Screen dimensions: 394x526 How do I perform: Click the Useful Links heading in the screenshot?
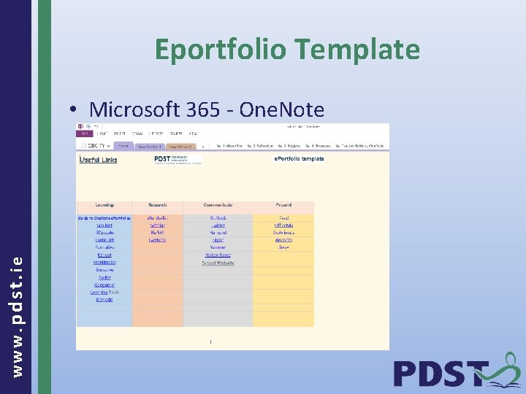pyautogui.click(x=99, y=160)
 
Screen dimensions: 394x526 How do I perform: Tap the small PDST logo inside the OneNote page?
pyautogui.click(x=172, y=159)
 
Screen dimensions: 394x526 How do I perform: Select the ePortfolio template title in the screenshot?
pyautogui.click(x=299, y=158)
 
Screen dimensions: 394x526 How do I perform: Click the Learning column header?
pyautogui.click(x=104, y=205)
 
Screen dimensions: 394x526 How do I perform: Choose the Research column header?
pyautogui.click(x=157, y=205)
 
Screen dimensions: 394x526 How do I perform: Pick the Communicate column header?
pyautogui.click(x=218, y=205)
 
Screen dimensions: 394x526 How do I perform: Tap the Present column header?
pyautogui.click(x=283, y=205)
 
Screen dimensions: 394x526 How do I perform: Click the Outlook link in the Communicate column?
pyautogui.click(x=218, y=217)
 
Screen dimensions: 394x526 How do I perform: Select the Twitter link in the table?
pyautogui.click(x=218, y=225)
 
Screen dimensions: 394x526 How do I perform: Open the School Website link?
pyautogui.click(x=218, y=263)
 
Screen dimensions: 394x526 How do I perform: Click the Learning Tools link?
pyautogui.click(x=104, y=293)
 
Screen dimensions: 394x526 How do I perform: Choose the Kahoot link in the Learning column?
pyautogui.click(x=104, y=255)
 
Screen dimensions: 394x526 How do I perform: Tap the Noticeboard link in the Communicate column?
pyautogui.click(x=218, y=255)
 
